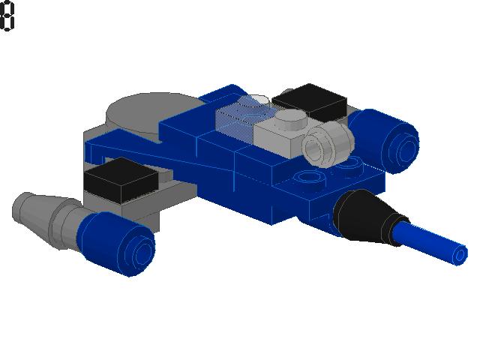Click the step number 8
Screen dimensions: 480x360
(x=7, y=16)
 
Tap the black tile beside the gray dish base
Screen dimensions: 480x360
(x=121, y=179)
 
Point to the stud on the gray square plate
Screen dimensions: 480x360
(x=291, y=118)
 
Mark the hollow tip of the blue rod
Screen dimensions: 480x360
(x=460, y=255)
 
